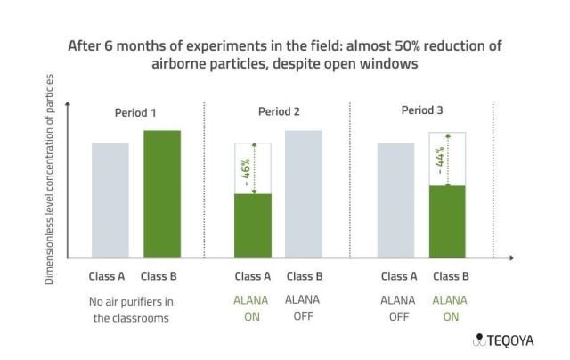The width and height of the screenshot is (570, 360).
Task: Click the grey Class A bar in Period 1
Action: click(x=110, y=200)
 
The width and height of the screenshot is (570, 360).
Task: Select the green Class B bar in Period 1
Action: click(x=162, y=193)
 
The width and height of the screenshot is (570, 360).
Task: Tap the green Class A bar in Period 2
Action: click(x=253, y=225)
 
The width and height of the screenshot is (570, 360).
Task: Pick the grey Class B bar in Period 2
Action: click(x=303, y=193)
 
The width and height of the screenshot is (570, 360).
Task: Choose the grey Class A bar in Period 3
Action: click(x=395, y=200)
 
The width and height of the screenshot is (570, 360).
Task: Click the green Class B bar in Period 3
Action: click(x=447, y=221)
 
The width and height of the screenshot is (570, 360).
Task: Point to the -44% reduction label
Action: click(x=440, y=159)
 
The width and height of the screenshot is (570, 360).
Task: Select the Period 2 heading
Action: click(x=278, y=111)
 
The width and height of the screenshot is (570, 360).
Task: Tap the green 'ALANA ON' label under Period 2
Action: click(x=252, y=308)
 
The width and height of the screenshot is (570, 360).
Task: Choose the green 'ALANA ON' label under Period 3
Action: click(x=450, y=308)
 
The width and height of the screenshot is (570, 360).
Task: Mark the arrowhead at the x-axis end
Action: click(x=510, y=258)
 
